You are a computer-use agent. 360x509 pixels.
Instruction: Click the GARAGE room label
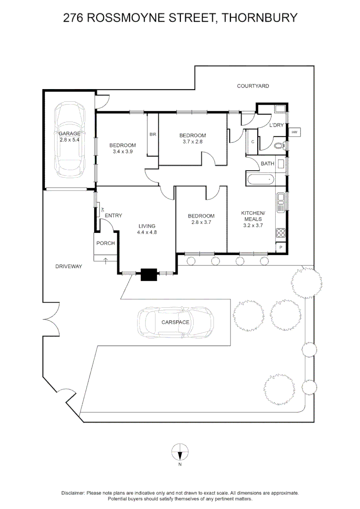click(x=70, y=133)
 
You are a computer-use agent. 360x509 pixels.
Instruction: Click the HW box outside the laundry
click(x=295, y=132)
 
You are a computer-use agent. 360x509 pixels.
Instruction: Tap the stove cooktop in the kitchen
click(x=281, y=232)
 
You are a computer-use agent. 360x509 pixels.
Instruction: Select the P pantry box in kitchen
click(x=281, y=247)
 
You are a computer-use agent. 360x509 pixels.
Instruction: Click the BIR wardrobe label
click(x=152, y=134)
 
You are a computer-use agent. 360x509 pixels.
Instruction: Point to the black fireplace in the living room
click(x=149, y=274)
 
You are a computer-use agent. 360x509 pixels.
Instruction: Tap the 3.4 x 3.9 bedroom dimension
click(x=123, y=152)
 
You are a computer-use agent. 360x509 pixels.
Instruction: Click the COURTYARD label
click(x=253, y=86)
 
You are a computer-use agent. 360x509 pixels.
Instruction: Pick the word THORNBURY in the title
click(x=260, y=18)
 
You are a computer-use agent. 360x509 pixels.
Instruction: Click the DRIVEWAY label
click(x=69, y=266)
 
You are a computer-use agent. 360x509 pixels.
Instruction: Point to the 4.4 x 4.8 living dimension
click(x=147, y=232)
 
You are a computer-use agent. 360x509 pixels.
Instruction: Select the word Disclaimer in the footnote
click(x=73, y=493)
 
